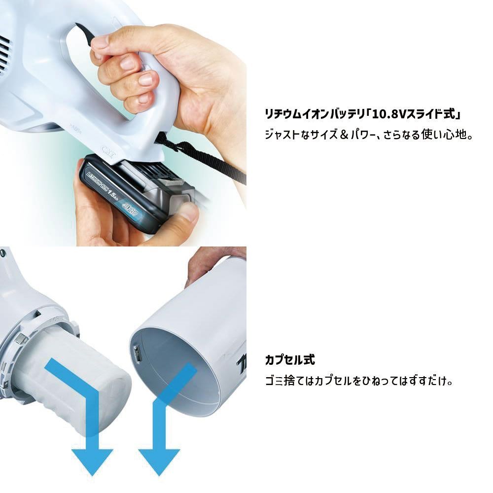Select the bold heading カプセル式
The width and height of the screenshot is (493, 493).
point(289,359)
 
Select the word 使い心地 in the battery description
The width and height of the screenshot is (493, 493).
point(449,134)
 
